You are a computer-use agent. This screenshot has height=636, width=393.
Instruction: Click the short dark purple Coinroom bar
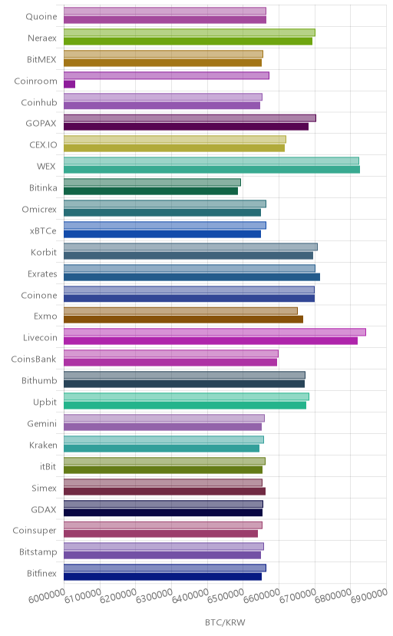point(69,84)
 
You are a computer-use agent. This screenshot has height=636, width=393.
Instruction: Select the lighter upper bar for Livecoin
point(215,332)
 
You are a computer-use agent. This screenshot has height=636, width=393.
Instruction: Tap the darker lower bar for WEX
point(212,170)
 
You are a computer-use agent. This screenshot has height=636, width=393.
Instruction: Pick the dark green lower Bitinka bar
point(150,191)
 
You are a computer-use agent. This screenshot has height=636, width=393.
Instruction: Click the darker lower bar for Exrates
point(192,277)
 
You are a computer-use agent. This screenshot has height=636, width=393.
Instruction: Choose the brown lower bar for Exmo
point(183,320)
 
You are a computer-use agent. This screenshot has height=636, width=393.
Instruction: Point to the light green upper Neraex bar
point(189,32)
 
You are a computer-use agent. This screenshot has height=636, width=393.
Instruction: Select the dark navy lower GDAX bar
point(163,512)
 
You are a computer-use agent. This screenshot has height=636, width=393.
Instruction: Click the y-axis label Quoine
point(41,17)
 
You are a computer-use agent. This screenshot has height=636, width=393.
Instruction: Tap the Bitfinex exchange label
point(41,573)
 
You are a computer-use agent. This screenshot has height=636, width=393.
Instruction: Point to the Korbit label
point(44,252)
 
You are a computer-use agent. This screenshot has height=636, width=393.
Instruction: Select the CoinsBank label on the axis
point(34,359)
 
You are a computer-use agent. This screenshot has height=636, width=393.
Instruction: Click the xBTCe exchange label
point(43,230)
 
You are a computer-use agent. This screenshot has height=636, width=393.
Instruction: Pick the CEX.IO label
point(43,145)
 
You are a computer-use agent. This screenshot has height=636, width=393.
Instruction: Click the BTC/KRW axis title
point(225,623)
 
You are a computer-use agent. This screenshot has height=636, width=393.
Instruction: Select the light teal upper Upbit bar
point(187,396)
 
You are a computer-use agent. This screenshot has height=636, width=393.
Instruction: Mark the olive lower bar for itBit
point(163,469)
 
